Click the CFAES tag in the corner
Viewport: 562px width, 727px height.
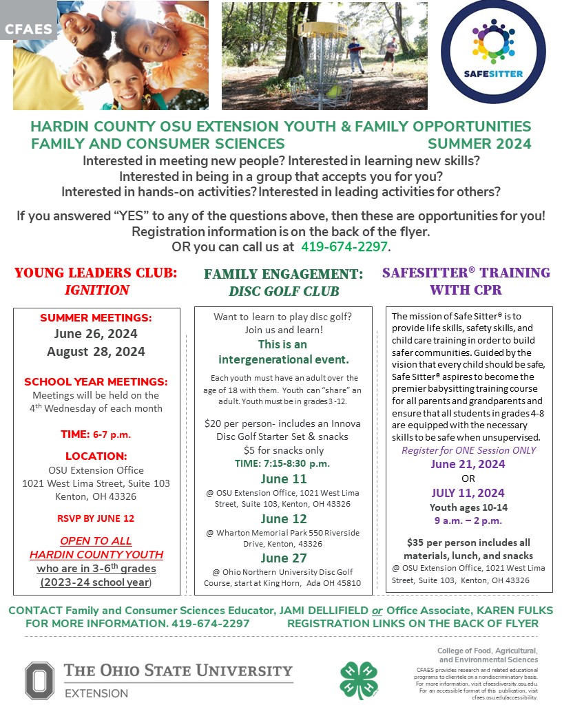point(28,29)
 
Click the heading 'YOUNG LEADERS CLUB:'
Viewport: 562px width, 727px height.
point(96,273)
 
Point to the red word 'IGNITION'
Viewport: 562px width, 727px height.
point(96,290)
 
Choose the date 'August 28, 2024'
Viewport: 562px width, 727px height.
point(96,351)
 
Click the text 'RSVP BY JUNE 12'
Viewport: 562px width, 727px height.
point(96,518)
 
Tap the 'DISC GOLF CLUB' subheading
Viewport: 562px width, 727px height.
point(284,291)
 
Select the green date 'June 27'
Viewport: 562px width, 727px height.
point(283,558)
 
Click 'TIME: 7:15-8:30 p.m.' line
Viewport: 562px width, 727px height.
point(283,463)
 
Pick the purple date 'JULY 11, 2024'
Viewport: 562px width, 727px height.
point(468,493)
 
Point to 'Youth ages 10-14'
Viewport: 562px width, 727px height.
point(468,507)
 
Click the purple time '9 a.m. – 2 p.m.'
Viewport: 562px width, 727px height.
point(468,521)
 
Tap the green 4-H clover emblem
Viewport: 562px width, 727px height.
point(358,680)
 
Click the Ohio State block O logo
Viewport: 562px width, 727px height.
point(39,680)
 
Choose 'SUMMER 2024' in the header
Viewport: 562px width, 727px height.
point(479,144)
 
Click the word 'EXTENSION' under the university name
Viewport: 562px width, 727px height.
point(96,693)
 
